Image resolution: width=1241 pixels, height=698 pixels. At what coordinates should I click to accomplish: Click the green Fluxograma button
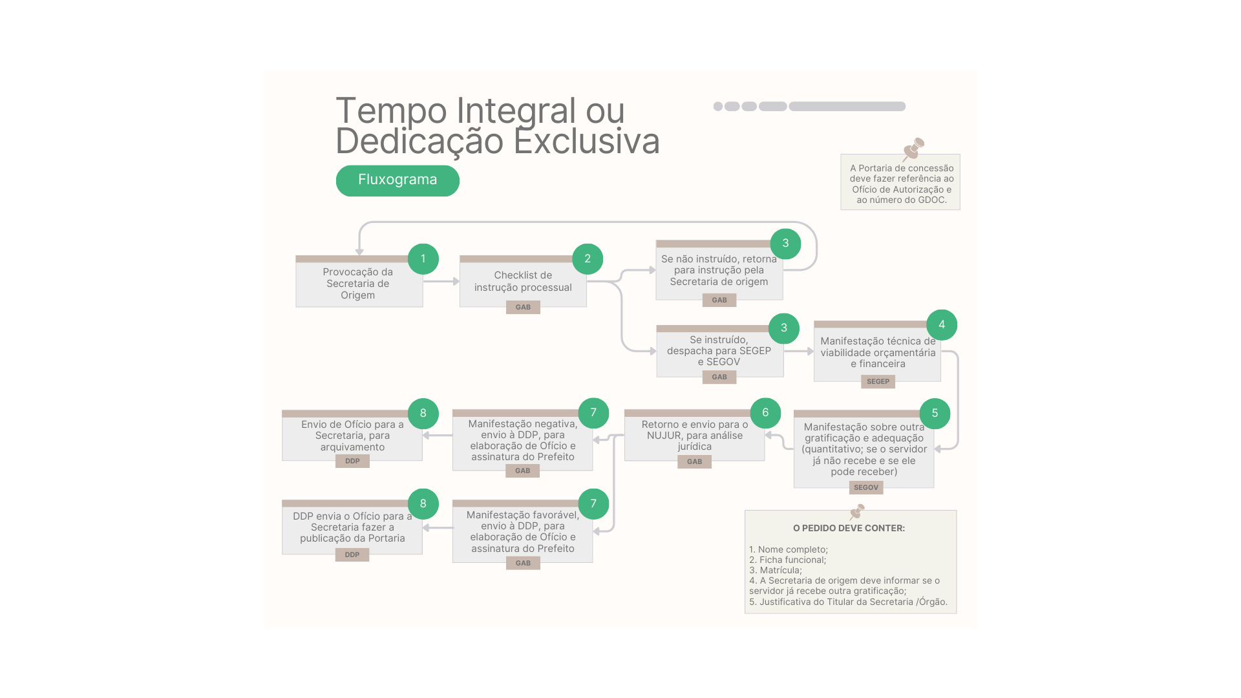click(x=398, y=180)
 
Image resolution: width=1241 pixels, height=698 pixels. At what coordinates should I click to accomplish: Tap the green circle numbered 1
click(x=423, y=259)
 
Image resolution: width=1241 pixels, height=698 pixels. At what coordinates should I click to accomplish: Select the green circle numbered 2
click(x=588, y=259)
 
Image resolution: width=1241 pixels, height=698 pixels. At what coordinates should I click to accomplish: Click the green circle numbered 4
click(x=942, y=325)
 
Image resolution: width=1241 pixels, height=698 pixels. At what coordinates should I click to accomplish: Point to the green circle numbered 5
click(x=935, y=413)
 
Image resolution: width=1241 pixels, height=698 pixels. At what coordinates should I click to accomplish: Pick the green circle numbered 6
click(x=765, y=413)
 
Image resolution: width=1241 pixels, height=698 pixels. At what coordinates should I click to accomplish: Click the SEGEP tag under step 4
click(x=878, y=381)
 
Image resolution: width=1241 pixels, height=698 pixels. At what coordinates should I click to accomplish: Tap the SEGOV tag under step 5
click(x=866, y=487)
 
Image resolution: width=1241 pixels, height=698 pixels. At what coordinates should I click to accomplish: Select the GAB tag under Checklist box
click(x=523, y=307)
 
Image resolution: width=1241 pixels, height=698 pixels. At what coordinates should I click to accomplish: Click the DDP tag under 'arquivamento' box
click(x=352, y=461)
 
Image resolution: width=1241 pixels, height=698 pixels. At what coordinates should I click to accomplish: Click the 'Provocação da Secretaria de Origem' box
click(x=359, y=282)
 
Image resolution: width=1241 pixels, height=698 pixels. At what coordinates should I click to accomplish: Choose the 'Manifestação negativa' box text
click(x=523, y=440)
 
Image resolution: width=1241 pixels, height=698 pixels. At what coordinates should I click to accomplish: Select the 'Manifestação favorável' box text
click(x=523, y=531)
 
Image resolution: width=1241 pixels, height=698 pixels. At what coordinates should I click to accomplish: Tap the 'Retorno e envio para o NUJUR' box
click(x=695, y=435)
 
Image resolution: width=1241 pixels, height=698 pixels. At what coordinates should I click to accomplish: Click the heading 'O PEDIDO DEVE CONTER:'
click(x=849, y=528)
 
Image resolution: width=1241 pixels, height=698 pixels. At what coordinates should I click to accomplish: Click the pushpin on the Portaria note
click(x=913, y=148)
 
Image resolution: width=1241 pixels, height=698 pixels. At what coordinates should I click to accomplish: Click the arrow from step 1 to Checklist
click(x=441, y=281)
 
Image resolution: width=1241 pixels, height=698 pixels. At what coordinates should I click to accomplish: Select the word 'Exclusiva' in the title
click(x=587, y=142)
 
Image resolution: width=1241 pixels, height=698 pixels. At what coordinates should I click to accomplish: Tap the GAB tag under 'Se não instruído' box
click(x=719, y=300)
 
